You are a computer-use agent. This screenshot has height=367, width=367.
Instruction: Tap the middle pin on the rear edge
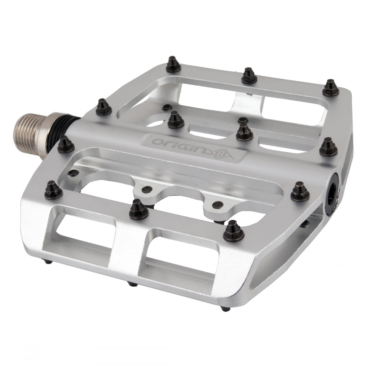[248, 76]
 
